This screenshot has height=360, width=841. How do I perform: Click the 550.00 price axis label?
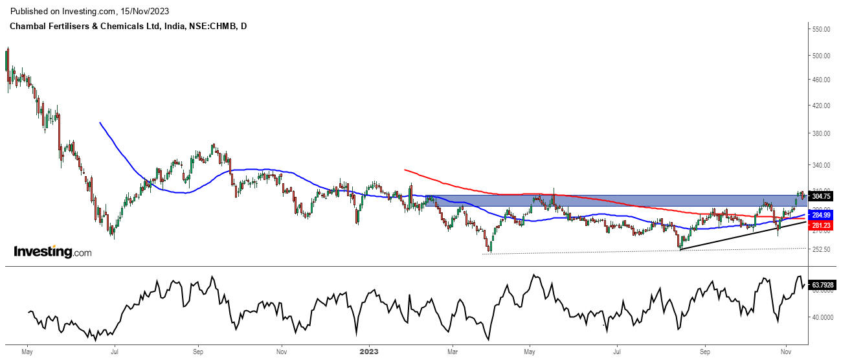pos(822,30)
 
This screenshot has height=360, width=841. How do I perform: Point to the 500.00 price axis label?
pos(822,56)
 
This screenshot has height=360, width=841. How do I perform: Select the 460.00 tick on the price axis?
pos(822,80)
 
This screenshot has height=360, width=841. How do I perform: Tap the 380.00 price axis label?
pos(822,133)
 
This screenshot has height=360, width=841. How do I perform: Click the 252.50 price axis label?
pos(822,249)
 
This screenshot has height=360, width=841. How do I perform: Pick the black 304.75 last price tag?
pos(821,196)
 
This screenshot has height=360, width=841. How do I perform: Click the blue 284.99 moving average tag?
pos(821,215)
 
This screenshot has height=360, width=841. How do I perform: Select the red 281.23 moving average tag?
pos(821,225)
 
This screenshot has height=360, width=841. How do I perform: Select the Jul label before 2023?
pos(114,352)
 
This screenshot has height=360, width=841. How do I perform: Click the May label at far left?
pos(27,352)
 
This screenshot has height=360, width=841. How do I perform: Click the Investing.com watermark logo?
pos(52,252)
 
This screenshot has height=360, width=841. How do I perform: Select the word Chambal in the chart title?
pos(28,27)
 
